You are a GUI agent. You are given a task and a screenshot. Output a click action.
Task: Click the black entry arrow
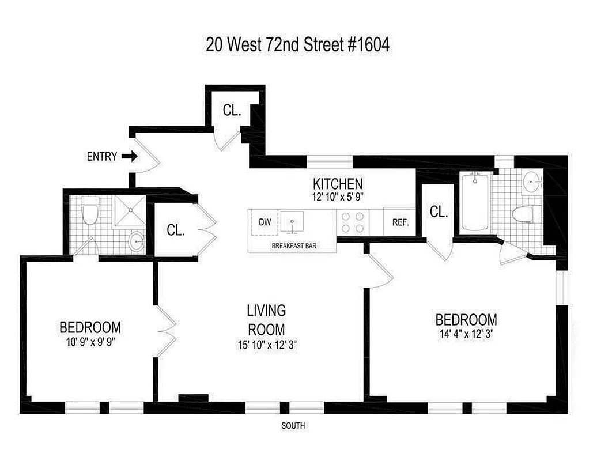pyautogui.click(x=130, y=156)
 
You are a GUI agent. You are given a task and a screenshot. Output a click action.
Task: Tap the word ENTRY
pyautogui.click(x=102, y=156)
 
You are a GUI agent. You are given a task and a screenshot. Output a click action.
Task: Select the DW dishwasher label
pyautogui.click(x=265, y=222)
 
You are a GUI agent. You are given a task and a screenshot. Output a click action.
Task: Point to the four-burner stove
pyautogui.click(x=353, y=222)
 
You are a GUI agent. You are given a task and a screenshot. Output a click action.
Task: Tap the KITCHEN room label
pyautogui.click(x=337, y=184)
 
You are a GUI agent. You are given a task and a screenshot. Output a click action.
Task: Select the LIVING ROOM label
pyautogui.click(x=266, y=320)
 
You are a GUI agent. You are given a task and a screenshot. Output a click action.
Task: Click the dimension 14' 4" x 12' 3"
pyautogui.click(x=466, y=332)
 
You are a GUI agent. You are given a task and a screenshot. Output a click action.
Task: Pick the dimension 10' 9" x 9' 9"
pyautogui.click(x=90, y=341)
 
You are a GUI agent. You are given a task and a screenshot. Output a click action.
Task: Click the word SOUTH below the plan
pyautogui.click(x=293, y=426)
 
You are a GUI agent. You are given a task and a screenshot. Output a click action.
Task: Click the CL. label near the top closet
pyautogui.click(x=232, y=111)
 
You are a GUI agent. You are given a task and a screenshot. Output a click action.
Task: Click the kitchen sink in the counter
pyautogui.click(x=293, y=221)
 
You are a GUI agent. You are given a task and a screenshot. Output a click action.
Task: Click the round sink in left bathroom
pyautogui.click(x=135, y=241)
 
